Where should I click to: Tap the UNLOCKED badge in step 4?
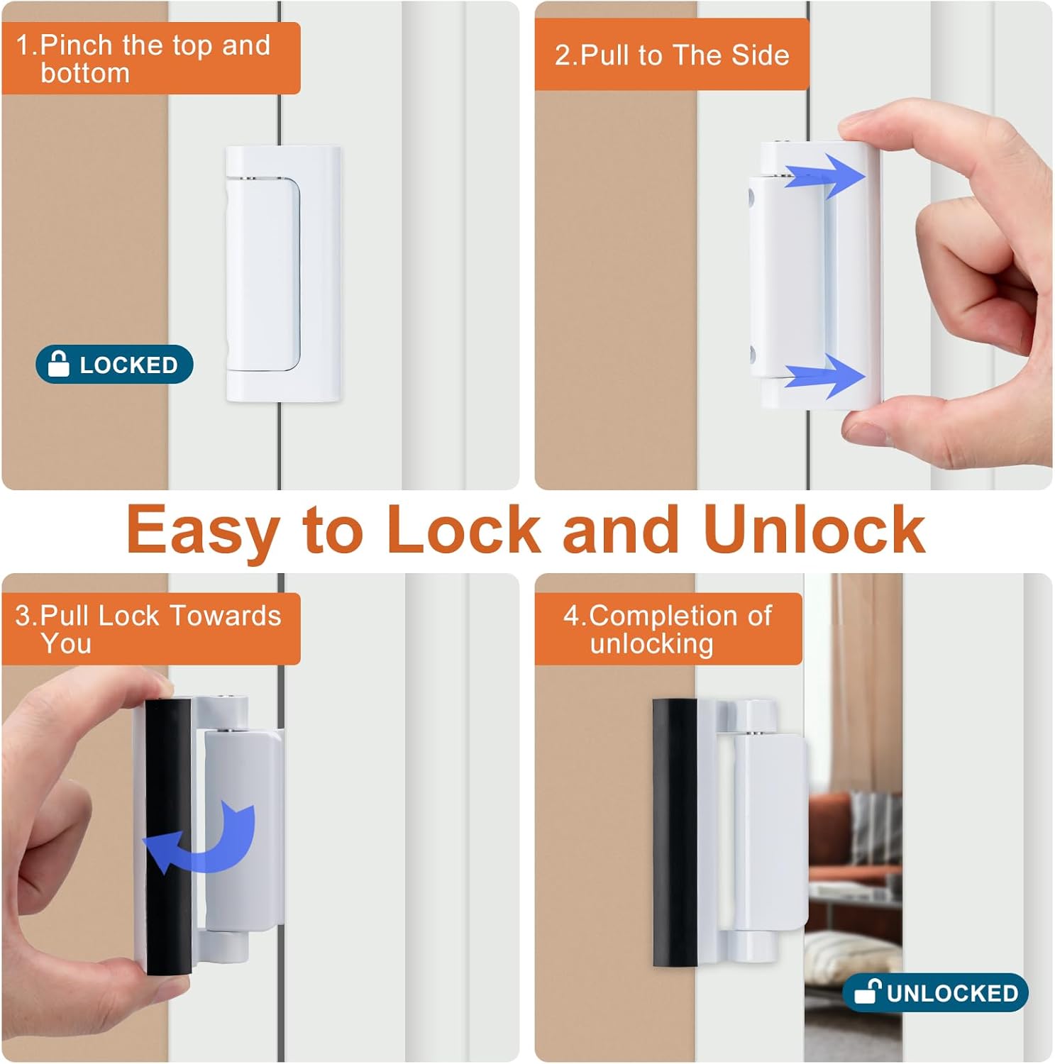click(935, 992)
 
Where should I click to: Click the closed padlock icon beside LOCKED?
click(59, 364)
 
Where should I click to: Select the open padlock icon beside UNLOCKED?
click(867, 991)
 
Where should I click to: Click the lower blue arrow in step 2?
click(827, 375)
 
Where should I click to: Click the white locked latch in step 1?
click(282, 273)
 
